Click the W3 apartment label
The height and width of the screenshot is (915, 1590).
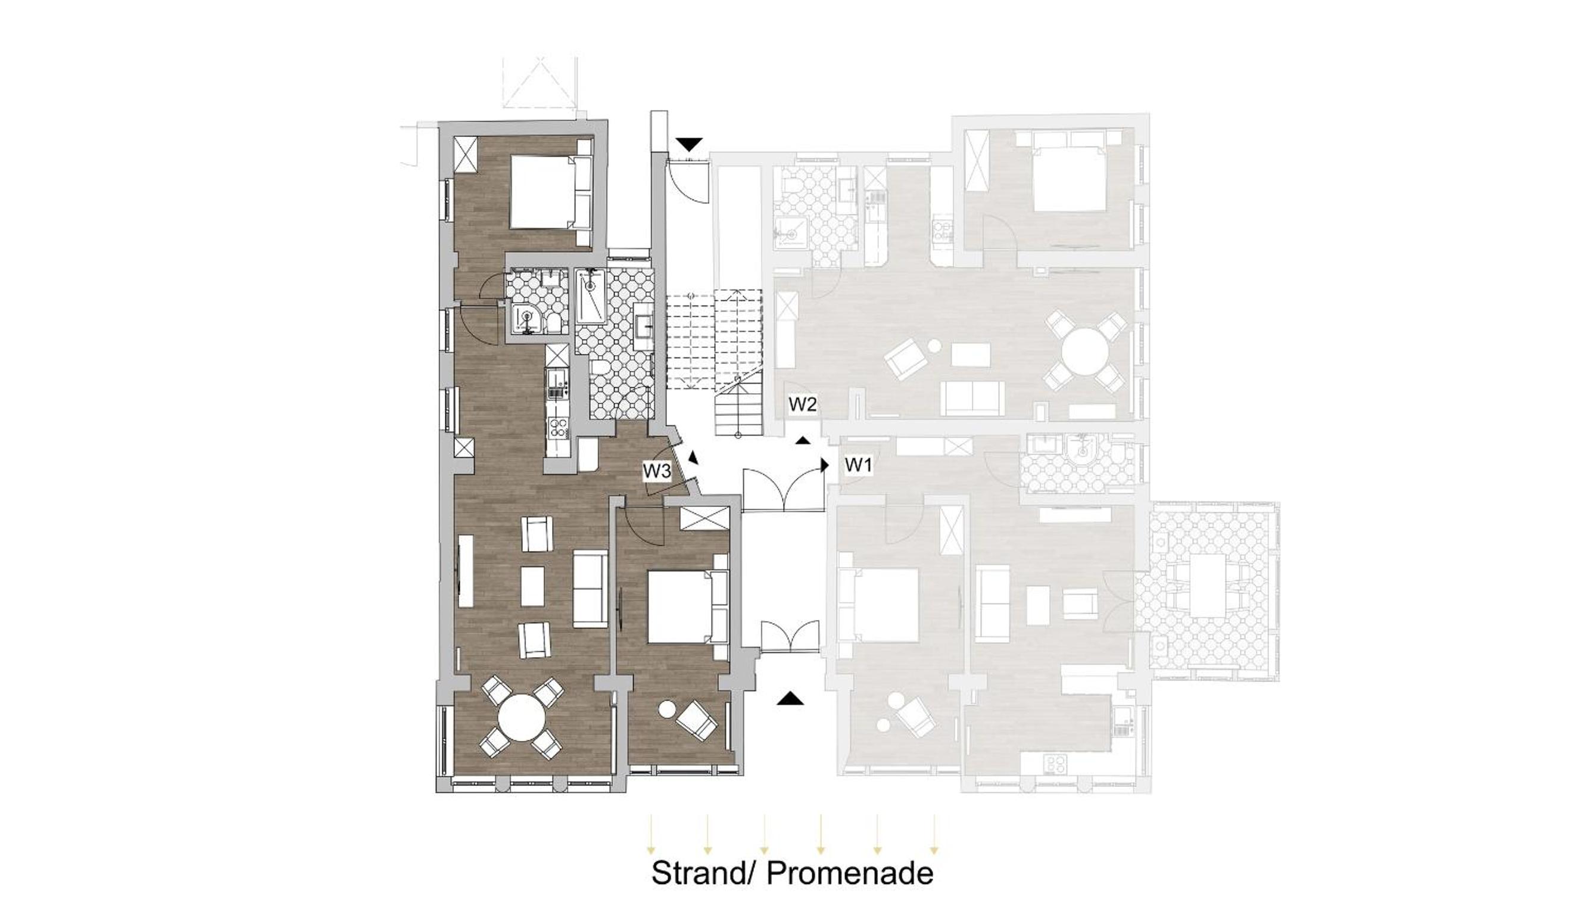(657, 471)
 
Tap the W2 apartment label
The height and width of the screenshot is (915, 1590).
(802, 404)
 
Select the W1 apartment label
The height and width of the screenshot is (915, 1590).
(858, 465)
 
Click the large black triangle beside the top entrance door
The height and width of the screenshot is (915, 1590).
(689, 145)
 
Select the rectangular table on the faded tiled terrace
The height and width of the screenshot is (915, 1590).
(1208, 585)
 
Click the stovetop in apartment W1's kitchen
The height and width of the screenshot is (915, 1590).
(1055, 764)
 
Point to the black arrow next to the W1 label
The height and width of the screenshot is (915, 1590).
(824, 465)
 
